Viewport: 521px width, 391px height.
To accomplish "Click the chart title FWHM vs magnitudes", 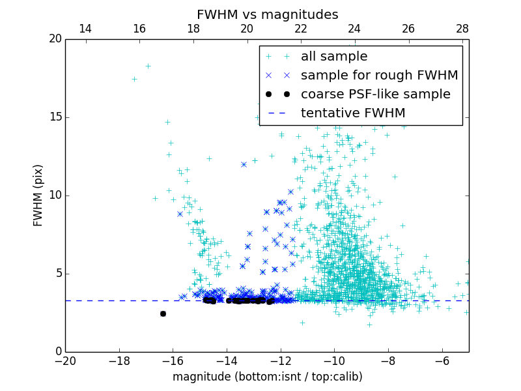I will [x=267, y=14].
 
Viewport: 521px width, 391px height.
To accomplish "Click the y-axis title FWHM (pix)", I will [x=38, y=195].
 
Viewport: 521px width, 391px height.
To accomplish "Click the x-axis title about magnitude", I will [x=267, y=377].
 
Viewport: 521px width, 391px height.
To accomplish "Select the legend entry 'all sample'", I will [x=333, y=57].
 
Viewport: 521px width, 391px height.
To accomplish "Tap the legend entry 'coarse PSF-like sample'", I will [x=375, y=94].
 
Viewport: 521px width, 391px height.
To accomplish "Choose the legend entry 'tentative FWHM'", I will [x=352, y=113].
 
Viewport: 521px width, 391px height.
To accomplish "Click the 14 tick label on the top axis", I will [x=85, y=29].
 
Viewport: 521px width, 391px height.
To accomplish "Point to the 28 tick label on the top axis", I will [x=462, y=29].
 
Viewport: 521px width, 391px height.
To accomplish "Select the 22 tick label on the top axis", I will [x=300, y=29].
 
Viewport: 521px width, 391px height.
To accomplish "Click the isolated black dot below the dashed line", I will [x=163, y=313].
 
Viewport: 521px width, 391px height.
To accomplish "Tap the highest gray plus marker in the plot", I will [x=148, y=66].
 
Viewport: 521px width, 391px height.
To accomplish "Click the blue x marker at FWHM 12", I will [x=244, y=164].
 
